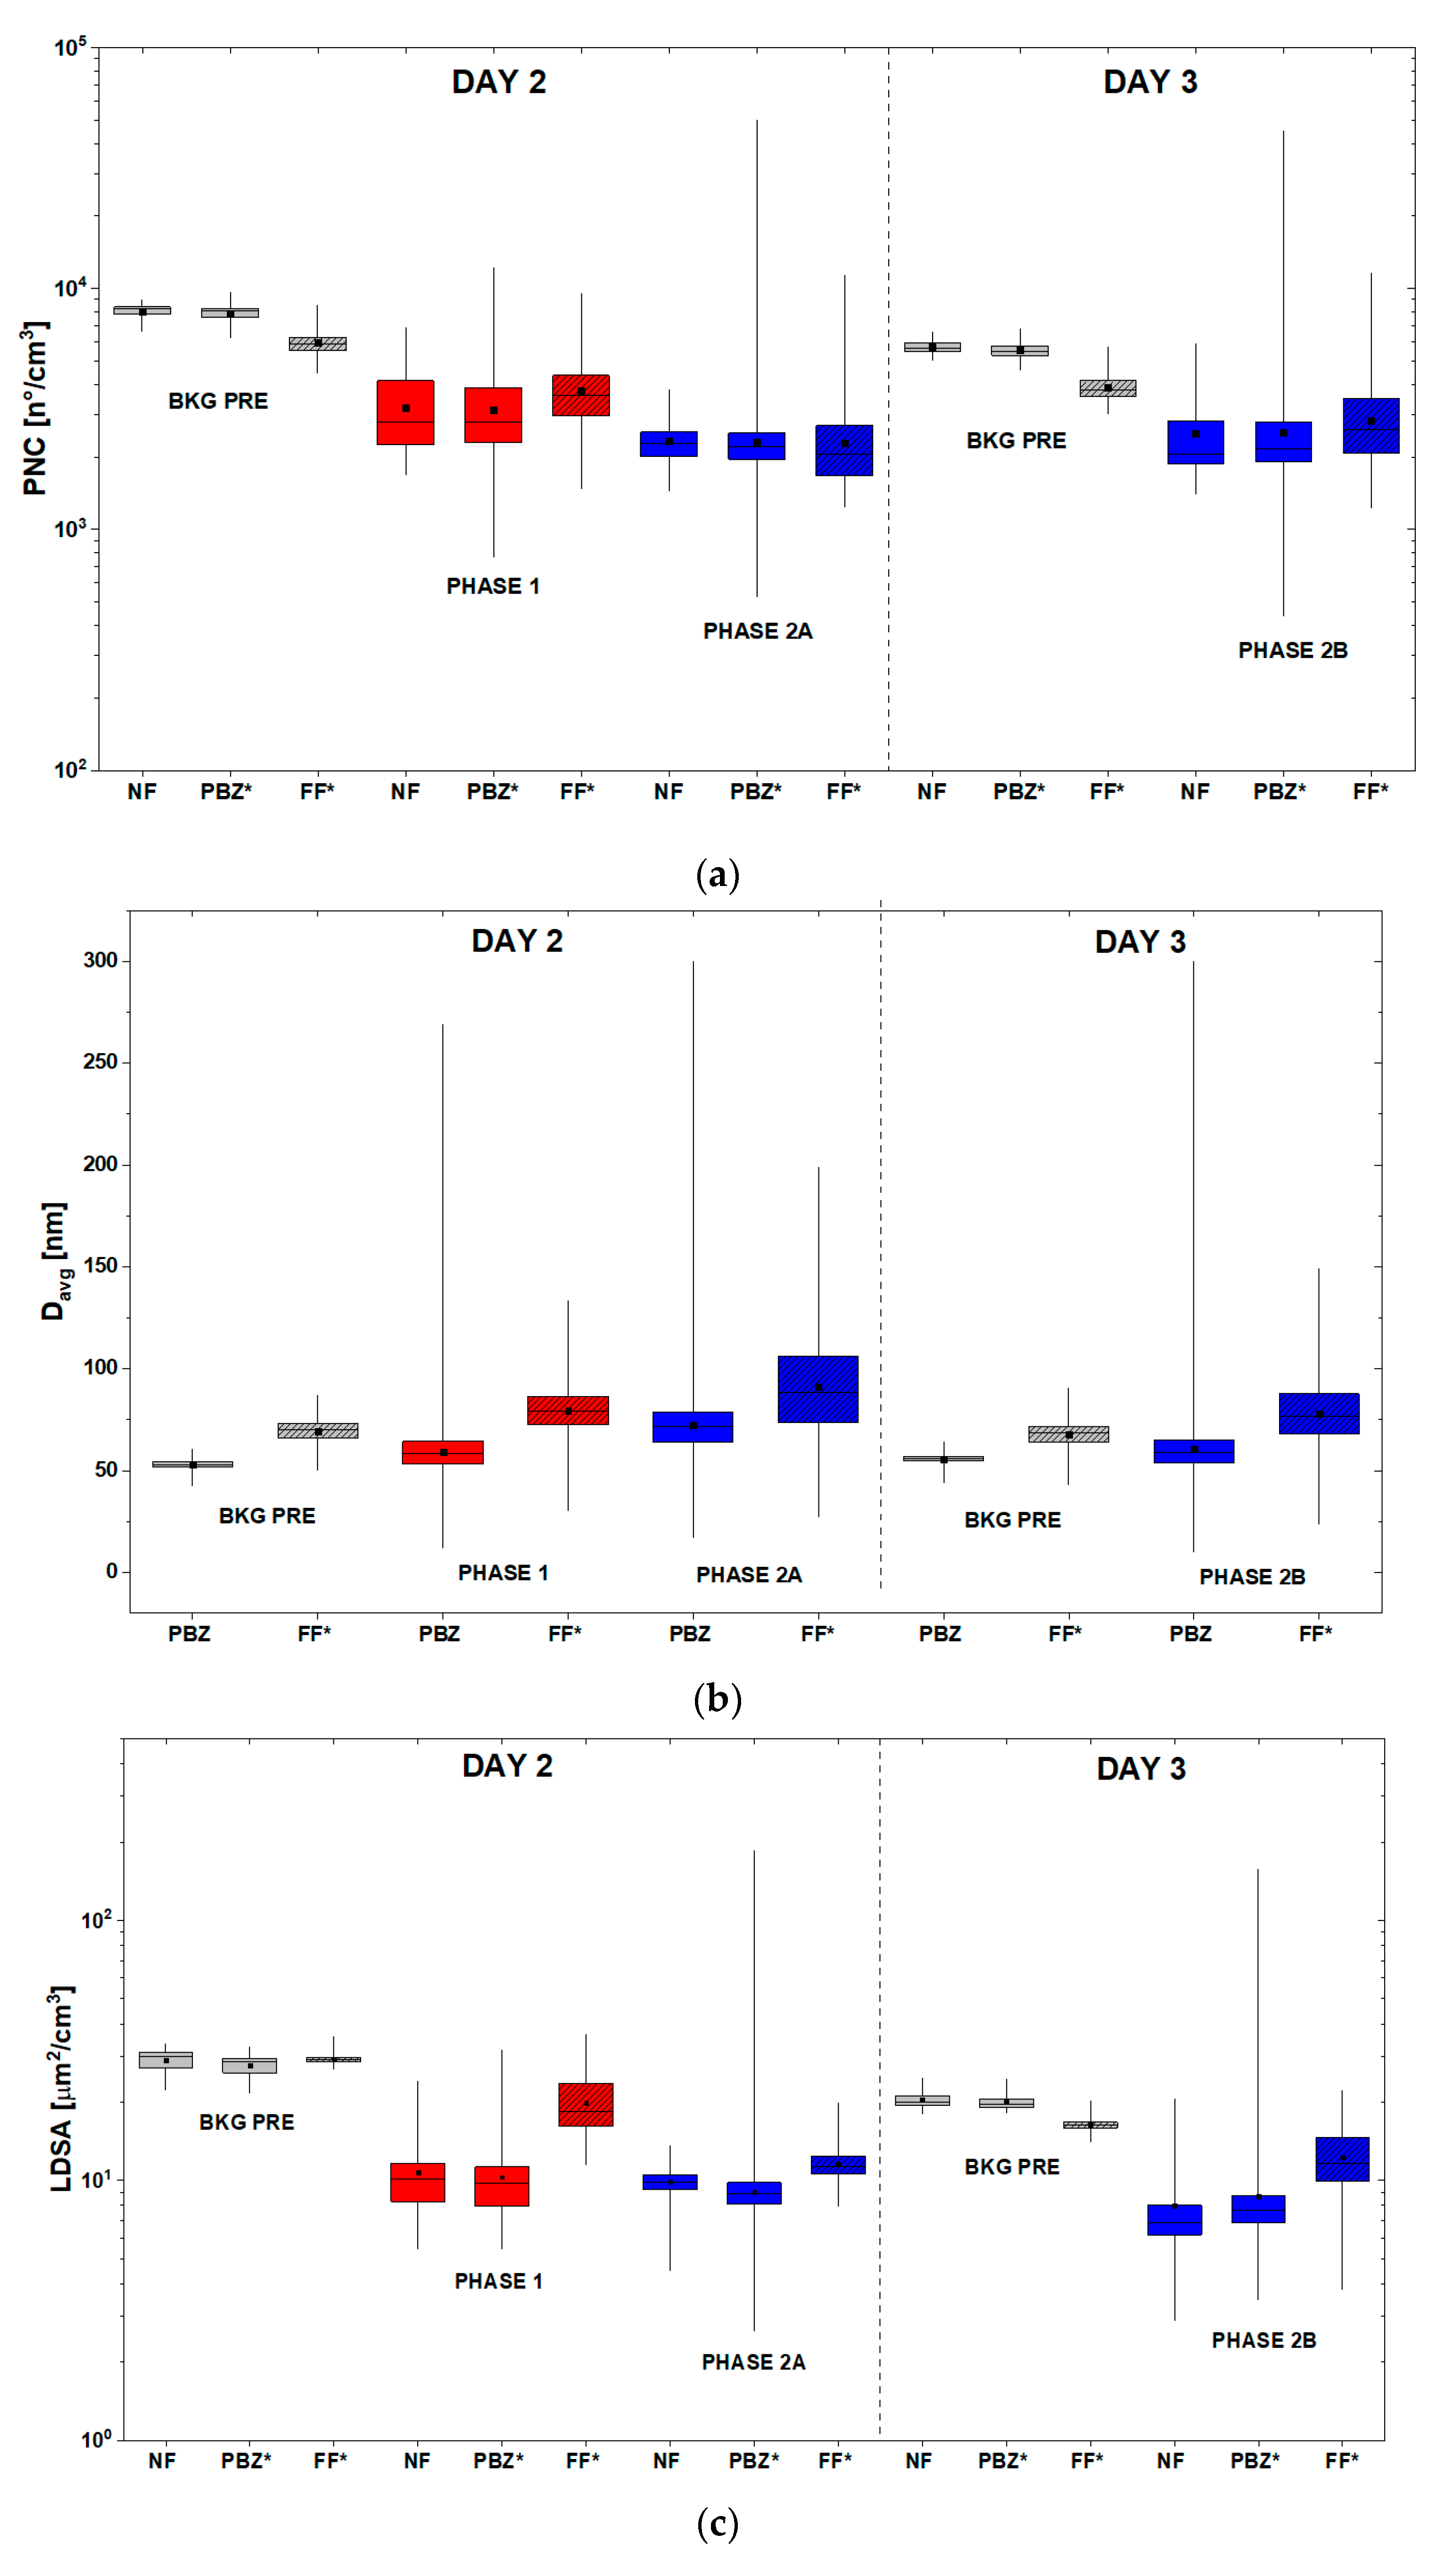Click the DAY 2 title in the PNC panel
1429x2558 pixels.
pyautogui.click(x=498, y=82)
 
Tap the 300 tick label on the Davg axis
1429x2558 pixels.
pyautogui.click(x=100, y=960)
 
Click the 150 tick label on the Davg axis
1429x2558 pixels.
pyautogui.click(x=100, y=1266)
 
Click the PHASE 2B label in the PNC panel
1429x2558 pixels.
pyautogui.click(x=1292, y=650)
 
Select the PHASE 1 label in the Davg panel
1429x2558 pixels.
pyautogui.click(x=503, y=1572)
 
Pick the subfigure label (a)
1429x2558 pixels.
pyautogui.click(x=717, y=875)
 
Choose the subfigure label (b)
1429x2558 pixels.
pyautogui.click(x=717, y=1699)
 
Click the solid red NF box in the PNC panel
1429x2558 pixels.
pyautogui.click(x=405, y=412)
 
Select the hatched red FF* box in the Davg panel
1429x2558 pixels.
pyautogui.click(x=568, y=1410)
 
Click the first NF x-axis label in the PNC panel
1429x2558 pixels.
pyautogui.click(x=142, y=791)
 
